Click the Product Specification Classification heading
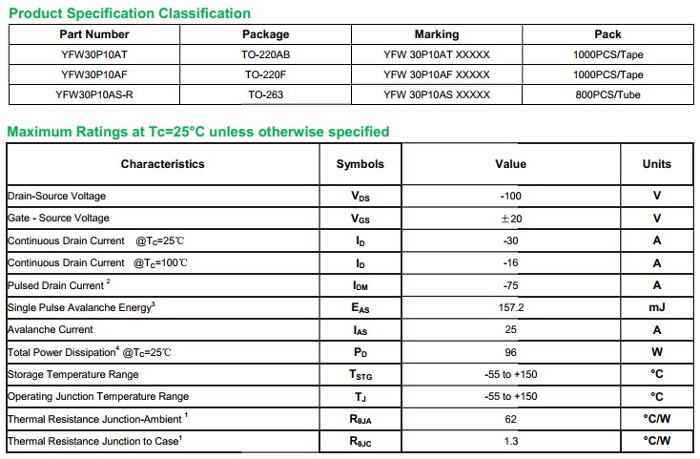tap(130, 13)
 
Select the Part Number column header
tap(94, 34)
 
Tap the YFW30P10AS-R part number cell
tap(94, 94)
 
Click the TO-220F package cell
tap(266, 74)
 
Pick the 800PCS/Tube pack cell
tap(607, 94)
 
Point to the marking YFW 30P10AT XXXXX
tap(437, 54)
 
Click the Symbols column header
tap(360, 164)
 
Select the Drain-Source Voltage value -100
tap(510, 196)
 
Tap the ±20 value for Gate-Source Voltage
tap(510, 219)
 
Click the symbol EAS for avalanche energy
tap(360, 307)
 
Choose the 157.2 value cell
tap(510, 307)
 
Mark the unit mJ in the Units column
tap(656, 307)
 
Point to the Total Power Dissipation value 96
tap(510, 352)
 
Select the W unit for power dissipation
tap(656, 352)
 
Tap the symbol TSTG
tap(360, 375)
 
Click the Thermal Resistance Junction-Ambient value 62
tap(510, 418)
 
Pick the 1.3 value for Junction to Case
tap(510, 441)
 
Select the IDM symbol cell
tap(360, 285)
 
